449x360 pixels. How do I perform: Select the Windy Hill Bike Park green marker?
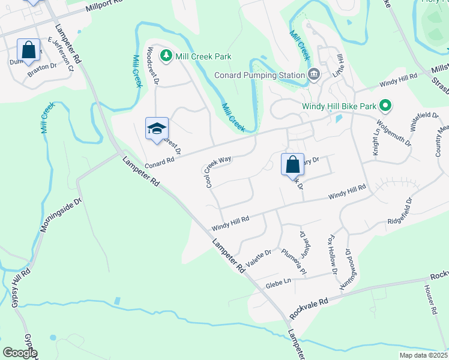click(x=386, y=106)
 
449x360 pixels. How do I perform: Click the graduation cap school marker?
click(x=157, y=128)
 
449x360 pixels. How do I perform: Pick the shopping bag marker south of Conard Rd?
click(x=292, y=164)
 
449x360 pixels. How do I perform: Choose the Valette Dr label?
click(x=259, y=259)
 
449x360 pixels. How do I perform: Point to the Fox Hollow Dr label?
click(x=332, y=253)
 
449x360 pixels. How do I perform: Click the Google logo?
click(x=20, y=353)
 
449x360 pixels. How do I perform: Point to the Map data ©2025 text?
click(x=423, y=355)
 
